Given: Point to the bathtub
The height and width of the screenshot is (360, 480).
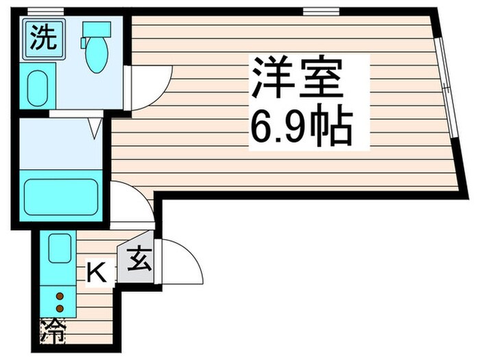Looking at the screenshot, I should pos(62,197).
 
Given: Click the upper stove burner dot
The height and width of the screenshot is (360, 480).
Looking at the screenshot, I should pos(60,296).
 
